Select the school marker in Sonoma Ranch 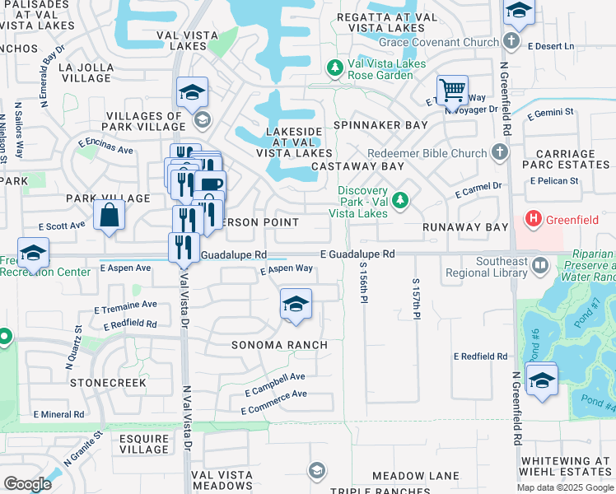point(296,304)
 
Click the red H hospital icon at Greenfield point(534,218)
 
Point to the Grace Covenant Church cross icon point(511,40)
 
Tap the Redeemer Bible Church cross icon point(500,151)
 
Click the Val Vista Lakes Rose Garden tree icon point(335,68)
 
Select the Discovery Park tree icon point(400,200)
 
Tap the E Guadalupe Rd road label point(357,254)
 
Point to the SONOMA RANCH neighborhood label point(279,345)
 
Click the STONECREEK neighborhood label point(108,383)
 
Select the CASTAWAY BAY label point(358,166)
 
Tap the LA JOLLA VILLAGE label point(74,72)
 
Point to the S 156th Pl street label point(363,283)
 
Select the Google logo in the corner point(27,484)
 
